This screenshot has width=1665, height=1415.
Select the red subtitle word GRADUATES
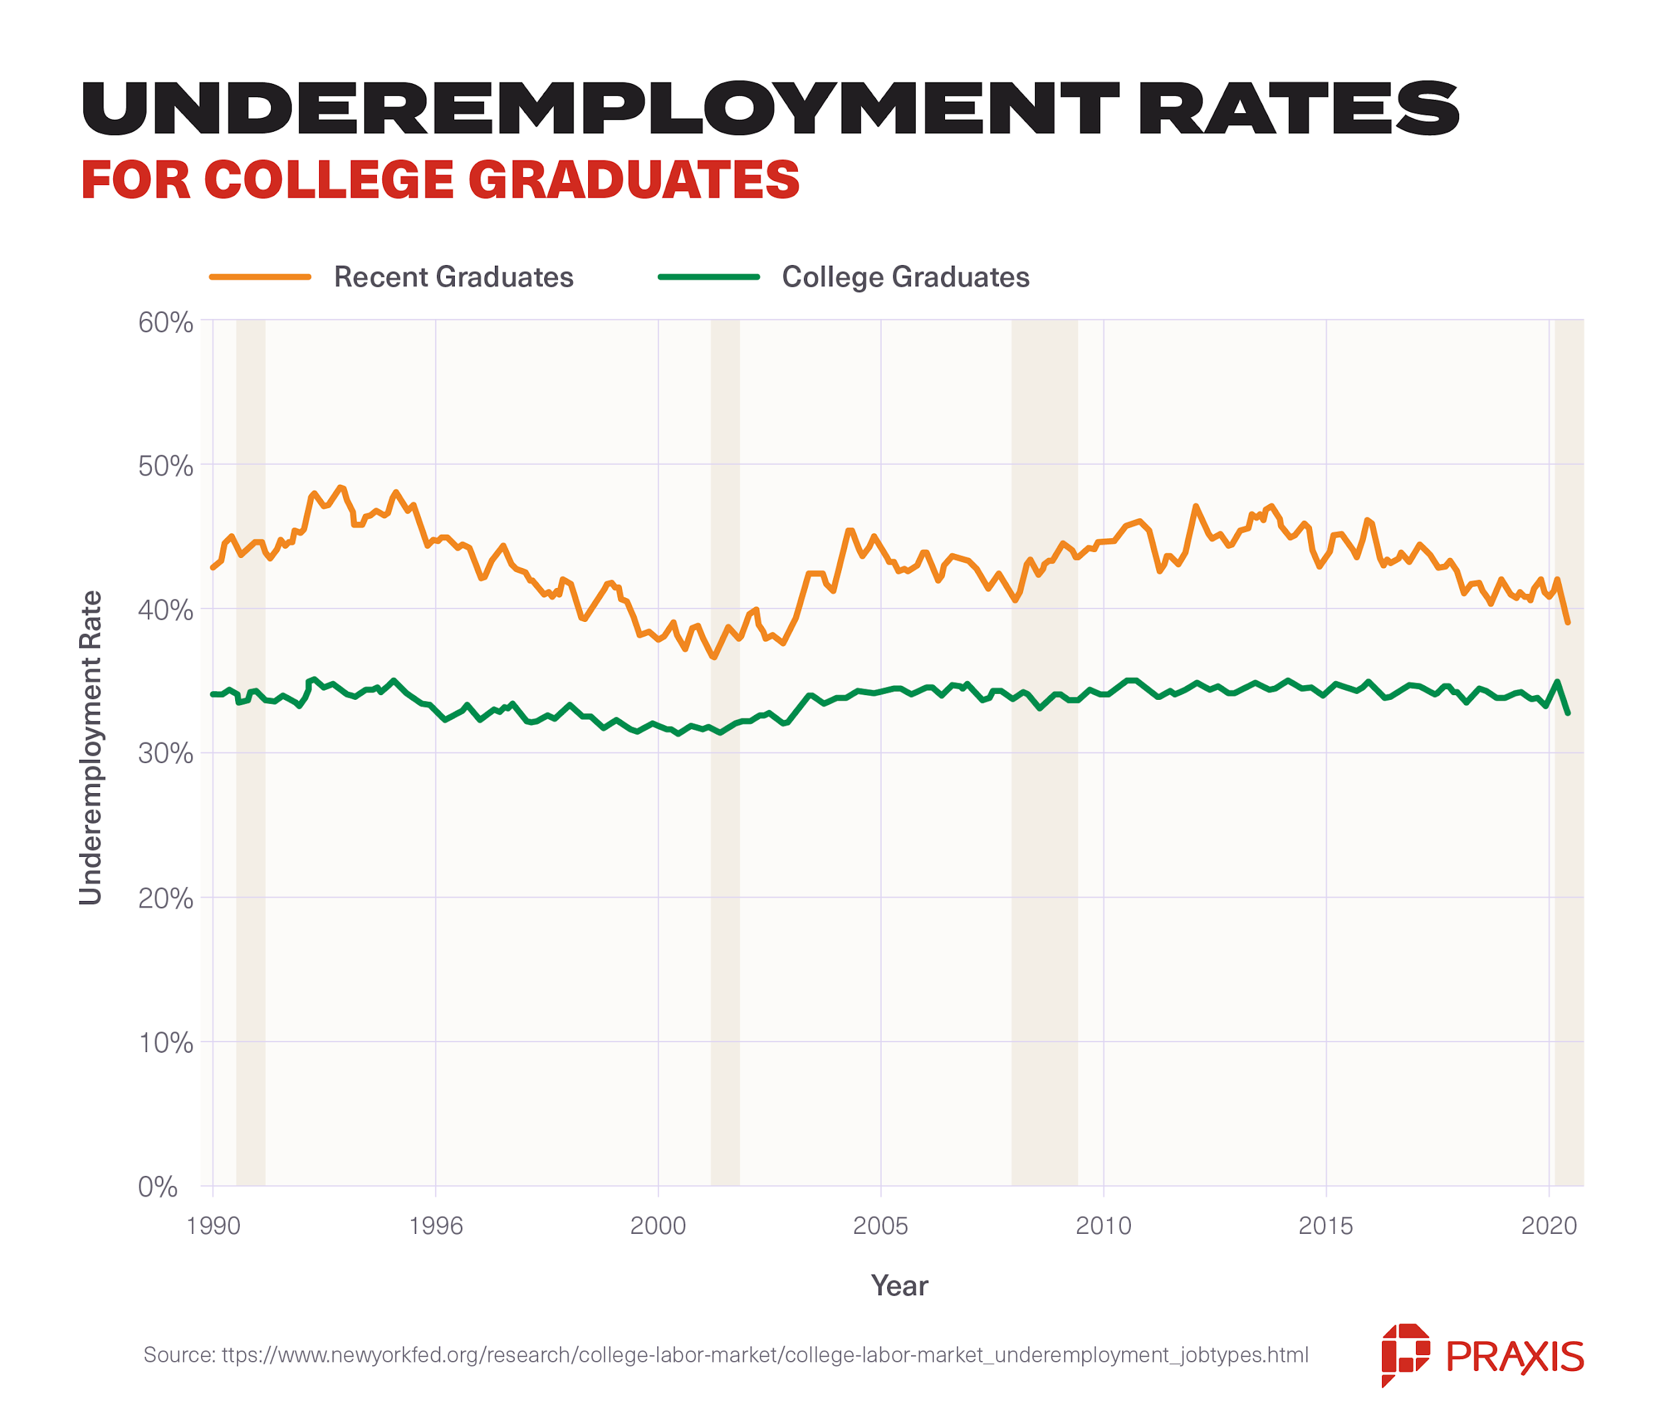[633, 180]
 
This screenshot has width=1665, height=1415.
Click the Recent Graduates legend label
[453, 277]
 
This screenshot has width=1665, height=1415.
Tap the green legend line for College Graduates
[708, 277]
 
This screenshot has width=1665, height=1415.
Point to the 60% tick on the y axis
[165, 322]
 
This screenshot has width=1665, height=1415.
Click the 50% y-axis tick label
[165, 466]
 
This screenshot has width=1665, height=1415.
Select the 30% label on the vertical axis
[165, 754]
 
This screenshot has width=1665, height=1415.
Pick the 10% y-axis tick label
[165, 1043]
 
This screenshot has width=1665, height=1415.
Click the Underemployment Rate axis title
[91, 748]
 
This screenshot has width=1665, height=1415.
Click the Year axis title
[898, 1286]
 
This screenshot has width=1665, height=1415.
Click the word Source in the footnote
[178, 1355]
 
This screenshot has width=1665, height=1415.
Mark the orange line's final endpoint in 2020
[1567, 623]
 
